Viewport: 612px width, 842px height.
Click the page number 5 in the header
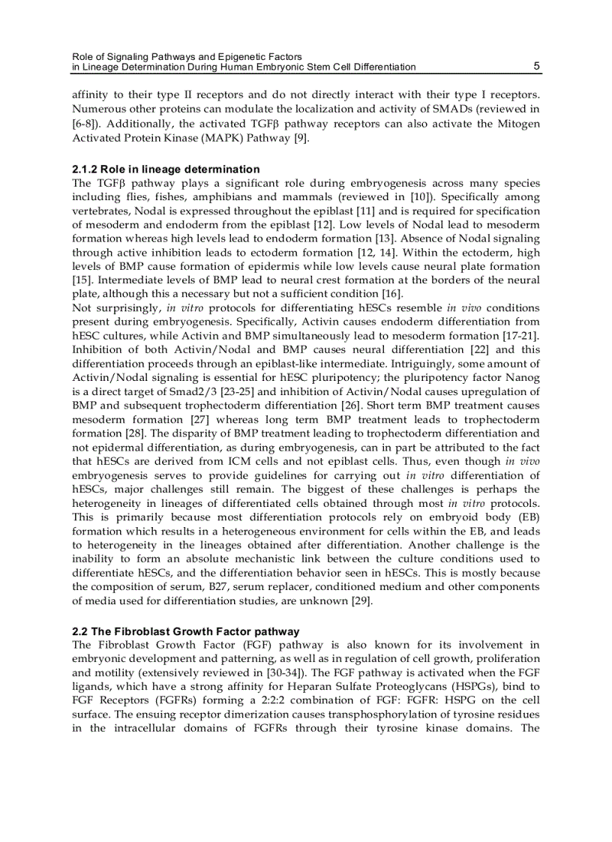tap(536, 66)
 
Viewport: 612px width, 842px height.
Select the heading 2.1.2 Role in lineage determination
tap(166, 169)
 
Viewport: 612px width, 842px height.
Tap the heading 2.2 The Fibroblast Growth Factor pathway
tap(185, 631)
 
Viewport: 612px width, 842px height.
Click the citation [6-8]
tap(85, 124)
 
